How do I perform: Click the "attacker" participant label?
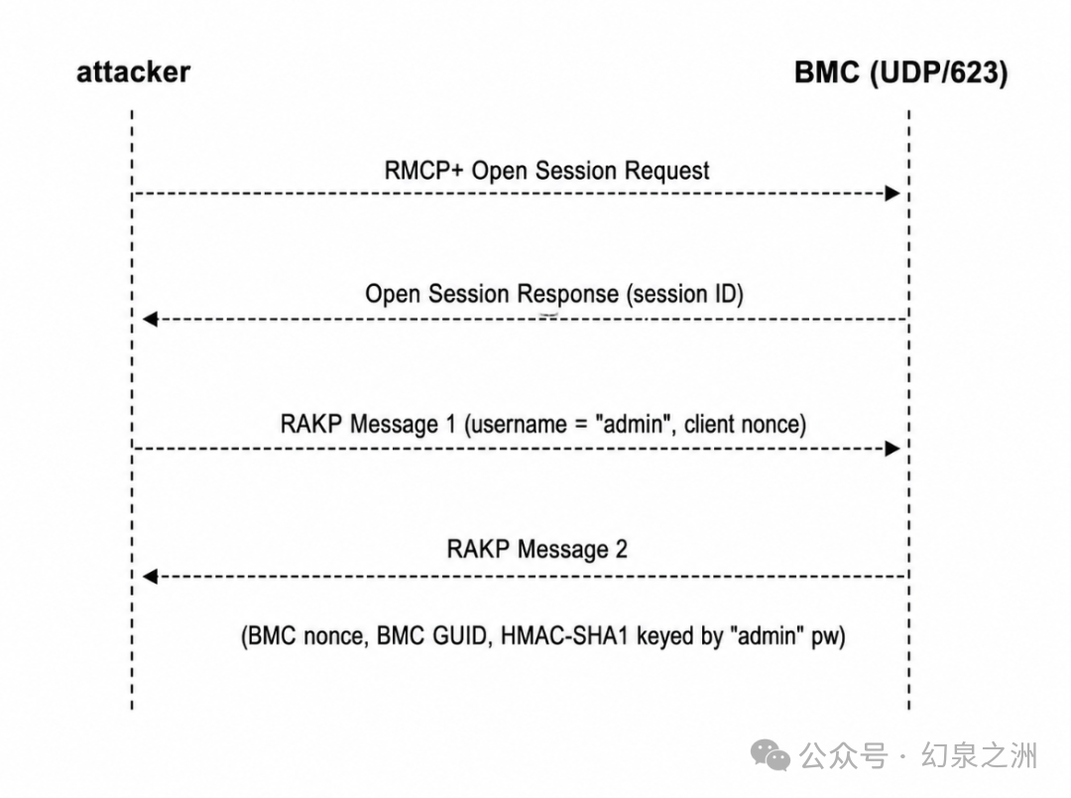[133, 71]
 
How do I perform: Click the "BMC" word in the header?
[826, 72]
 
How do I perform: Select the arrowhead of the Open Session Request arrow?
[892, 194]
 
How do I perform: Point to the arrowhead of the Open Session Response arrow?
[151, 319]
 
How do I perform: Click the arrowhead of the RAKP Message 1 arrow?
[892, 449]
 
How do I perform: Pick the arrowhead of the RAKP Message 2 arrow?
[151, 577]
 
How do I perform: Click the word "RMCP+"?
[424, 171]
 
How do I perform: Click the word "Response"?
[567, 294]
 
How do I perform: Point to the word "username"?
[519, 425]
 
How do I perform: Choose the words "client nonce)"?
[745, 424]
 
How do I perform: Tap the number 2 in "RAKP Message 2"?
[621, 549]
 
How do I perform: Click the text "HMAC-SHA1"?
[564, 636]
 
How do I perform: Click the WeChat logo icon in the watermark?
[771, 754]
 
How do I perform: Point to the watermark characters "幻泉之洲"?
[980, 755]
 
